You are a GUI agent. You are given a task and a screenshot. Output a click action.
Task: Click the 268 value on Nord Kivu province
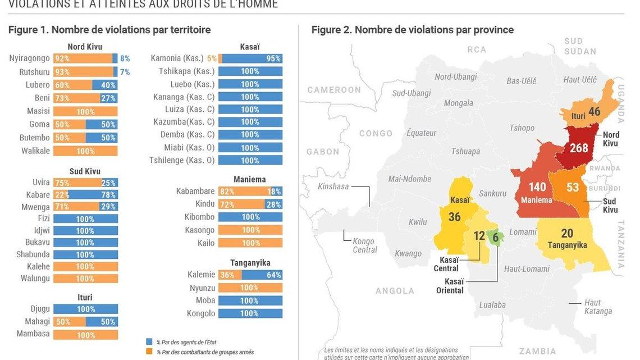click(579, 148)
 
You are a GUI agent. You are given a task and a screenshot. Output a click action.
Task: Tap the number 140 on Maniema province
click(537, 187)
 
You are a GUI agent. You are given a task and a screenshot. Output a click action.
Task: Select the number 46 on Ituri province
click(594, 112)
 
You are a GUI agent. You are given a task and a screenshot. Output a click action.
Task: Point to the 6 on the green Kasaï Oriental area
click(495, 238)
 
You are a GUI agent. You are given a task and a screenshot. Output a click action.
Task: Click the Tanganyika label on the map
click(567, 245)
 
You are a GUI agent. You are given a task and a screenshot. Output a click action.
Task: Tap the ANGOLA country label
click(395, 290)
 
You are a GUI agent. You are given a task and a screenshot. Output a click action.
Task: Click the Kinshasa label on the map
click(333, 186)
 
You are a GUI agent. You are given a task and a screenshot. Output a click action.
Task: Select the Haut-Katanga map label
click(598, 307)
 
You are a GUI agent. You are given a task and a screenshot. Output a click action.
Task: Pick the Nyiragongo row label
click(29, 58)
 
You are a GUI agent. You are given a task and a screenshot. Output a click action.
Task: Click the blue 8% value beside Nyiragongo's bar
click(125, 58)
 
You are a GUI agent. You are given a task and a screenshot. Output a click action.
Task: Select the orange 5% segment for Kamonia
click(220, 58)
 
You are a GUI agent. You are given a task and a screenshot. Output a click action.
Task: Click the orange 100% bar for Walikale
click(85, 151)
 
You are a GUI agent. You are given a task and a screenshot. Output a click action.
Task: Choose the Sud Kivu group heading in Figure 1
click(85, 171)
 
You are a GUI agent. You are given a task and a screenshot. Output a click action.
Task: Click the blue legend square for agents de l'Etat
click(149, 341)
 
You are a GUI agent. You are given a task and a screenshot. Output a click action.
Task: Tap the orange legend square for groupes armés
click(149, 352)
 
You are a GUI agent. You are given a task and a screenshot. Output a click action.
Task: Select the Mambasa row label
click(33, 334)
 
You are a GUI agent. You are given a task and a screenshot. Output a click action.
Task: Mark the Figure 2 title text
click(413, 30)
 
